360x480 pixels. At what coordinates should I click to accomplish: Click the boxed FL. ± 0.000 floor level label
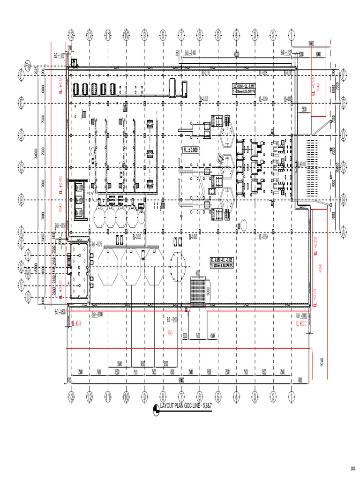191,150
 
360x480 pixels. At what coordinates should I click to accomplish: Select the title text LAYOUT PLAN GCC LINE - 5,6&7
186,405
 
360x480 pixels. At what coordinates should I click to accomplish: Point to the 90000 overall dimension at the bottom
181,380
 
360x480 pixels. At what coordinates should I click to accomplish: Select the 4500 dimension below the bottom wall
212,336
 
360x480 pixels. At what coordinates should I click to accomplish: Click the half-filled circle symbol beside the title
156,411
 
